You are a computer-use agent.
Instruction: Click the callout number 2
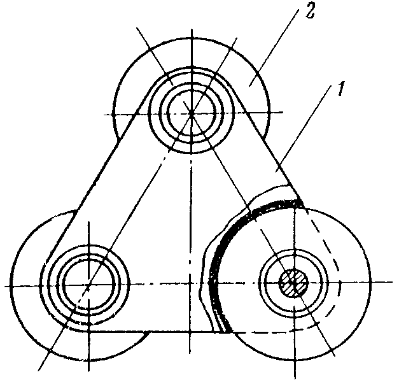pyautogui.click(x=310, y=11)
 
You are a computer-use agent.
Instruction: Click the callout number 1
pyautogui.click(x=341, y=89)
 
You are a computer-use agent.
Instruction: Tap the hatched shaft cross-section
pyautogui.click(x=294, y=283)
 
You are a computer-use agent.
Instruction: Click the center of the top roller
pyautogui.click(x=192, y=112)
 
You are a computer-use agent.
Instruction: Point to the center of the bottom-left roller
pyautogui.click(x=88, y=285)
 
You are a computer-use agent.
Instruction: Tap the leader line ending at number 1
pyautogui.click(x=304, y=129)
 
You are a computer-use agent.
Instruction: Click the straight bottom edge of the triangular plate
pyautogui.click(x=153, y=332)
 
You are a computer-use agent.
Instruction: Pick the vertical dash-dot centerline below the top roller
pyautogui.click(x=190, y=255)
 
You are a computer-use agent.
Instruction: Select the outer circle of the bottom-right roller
pyautogui.click(x=370, y=283)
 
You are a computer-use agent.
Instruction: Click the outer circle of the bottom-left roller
pyautogui.click(x=11, y=285)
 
